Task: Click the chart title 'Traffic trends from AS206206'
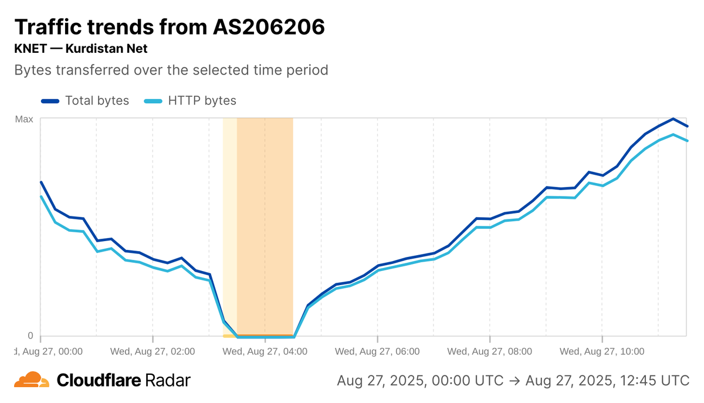click(169, 27)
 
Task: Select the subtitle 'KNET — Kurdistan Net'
click(80, 49)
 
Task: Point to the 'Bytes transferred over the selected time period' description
click(171, 70)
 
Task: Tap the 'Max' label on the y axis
click(24, 119)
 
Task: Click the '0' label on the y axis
click(31, 336)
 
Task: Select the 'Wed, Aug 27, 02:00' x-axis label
click(153, 352)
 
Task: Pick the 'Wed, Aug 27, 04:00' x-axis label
click(265, 352)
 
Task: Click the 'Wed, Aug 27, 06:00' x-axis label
click(377, 352)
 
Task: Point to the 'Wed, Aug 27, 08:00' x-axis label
click(489, 352)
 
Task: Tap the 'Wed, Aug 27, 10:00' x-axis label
click(602, 352)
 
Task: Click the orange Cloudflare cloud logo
click(32, 380)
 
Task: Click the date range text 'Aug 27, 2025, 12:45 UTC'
click(607, 380)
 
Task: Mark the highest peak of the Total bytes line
click(673, 118)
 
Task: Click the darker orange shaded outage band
click(265, 223)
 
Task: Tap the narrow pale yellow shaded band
click(230, 223)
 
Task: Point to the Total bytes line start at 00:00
click(41, 182)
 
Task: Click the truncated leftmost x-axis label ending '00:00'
click(49, 352)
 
